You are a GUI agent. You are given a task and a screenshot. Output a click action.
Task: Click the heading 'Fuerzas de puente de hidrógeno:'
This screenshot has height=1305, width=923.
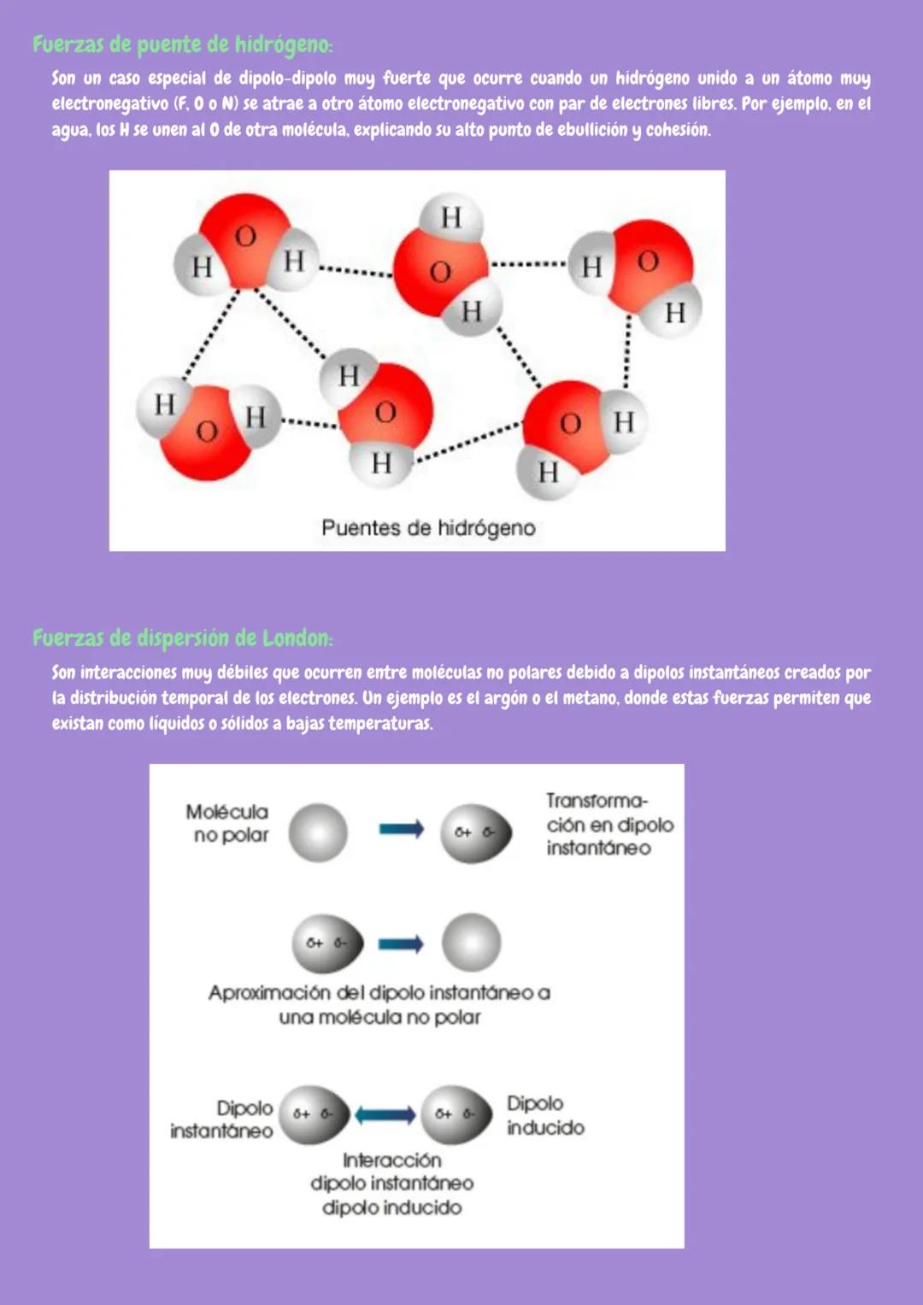(x=182, y=44)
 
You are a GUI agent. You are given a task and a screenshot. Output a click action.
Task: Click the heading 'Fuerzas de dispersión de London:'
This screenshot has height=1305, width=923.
(x=182, y=638)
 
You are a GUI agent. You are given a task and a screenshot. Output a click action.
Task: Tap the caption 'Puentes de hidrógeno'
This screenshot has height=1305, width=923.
(x=428, y=528)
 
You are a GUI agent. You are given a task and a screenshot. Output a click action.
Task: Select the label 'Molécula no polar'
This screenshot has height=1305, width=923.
(x=228, y=823)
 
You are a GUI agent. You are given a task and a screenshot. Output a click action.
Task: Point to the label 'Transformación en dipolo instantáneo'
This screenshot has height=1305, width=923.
(x=609, y=824)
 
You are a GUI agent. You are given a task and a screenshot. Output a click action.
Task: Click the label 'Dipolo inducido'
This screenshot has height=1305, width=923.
(x=545, y=1115)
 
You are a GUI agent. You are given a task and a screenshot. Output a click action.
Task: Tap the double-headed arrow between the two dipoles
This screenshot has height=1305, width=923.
(x=385, y=1114)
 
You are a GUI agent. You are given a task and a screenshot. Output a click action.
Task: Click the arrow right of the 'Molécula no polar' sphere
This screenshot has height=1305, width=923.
(x=402, y=829)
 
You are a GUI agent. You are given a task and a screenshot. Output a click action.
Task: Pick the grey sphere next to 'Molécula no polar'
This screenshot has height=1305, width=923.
(x=318, y=832)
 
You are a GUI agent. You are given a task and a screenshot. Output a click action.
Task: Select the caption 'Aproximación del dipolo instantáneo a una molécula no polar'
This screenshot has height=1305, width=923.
(x=379, y=1004)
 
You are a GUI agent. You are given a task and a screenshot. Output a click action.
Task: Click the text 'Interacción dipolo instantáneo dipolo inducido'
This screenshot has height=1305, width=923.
(x=392, y=1184)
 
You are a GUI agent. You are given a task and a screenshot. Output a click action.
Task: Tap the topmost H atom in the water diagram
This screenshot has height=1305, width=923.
(x=451, y=217)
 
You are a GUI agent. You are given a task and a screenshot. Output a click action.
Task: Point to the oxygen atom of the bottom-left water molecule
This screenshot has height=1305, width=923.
(x=207, y=432)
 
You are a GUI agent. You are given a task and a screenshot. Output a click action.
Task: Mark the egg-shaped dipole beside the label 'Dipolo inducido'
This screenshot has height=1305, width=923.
(x=456, y=1114)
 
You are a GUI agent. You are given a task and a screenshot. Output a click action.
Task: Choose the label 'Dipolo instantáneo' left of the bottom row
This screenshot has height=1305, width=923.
(x=222, y=1119)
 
